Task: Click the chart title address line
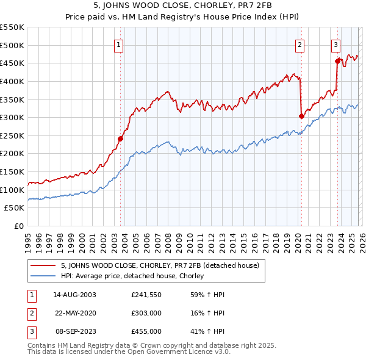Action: (x=183, y=6)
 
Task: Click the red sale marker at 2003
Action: (x=120, y=139)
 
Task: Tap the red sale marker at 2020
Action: (x=301, y=116)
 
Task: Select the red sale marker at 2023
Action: (x=337, y=60)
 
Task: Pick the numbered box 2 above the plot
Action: (x=300, y=44)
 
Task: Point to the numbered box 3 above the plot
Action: (x=336, y=44)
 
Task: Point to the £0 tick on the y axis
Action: (x=18, y=226)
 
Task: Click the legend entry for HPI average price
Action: (x=132, y=276)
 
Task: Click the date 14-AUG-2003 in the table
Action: (x=74, y=294)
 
